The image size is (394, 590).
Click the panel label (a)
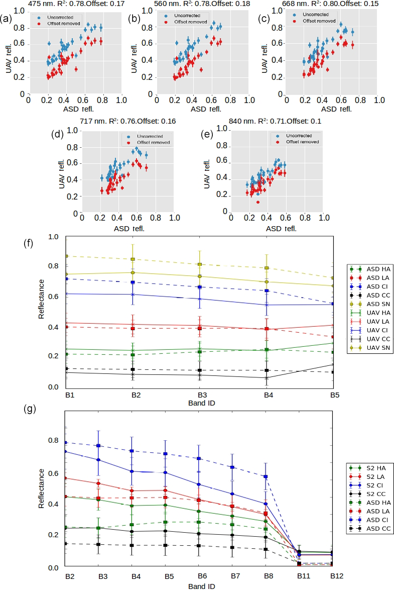pyautogui.click(x=7, y=20)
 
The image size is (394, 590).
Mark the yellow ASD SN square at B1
pyautogui.click(x=66, y=256)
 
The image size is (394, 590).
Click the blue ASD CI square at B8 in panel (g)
pyautogui.click(x=265, y=476)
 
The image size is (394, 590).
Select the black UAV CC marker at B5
pyautogui.click(x=333, y=364)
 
